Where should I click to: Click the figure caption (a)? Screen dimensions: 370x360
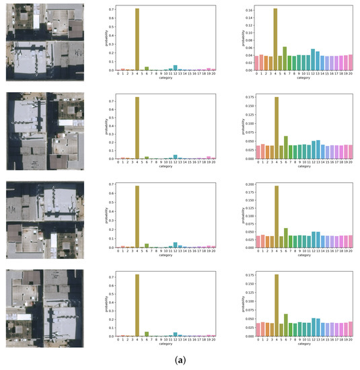point(180,361)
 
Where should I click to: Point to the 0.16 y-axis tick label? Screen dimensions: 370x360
point(246,10)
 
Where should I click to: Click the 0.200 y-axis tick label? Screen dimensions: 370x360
point(245,184)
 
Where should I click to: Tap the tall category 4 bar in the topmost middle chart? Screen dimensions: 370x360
point(137,39)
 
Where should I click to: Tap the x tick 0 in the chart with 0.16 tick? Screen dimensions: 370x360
point(257,73)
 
